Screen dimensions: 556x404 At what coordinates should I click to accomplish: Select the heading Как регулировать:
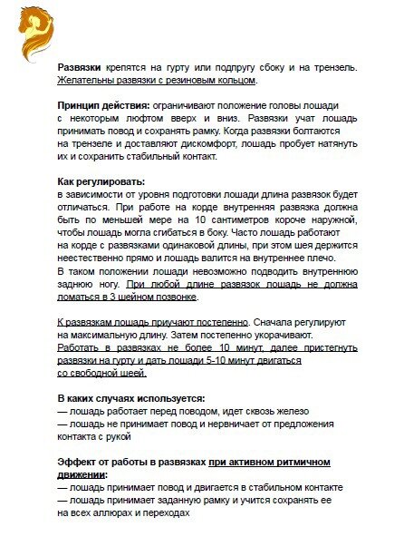click(x=101, y=180)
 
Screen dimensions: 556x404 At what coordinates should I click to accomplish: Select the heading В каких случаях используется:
click(x=131, y=397)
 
